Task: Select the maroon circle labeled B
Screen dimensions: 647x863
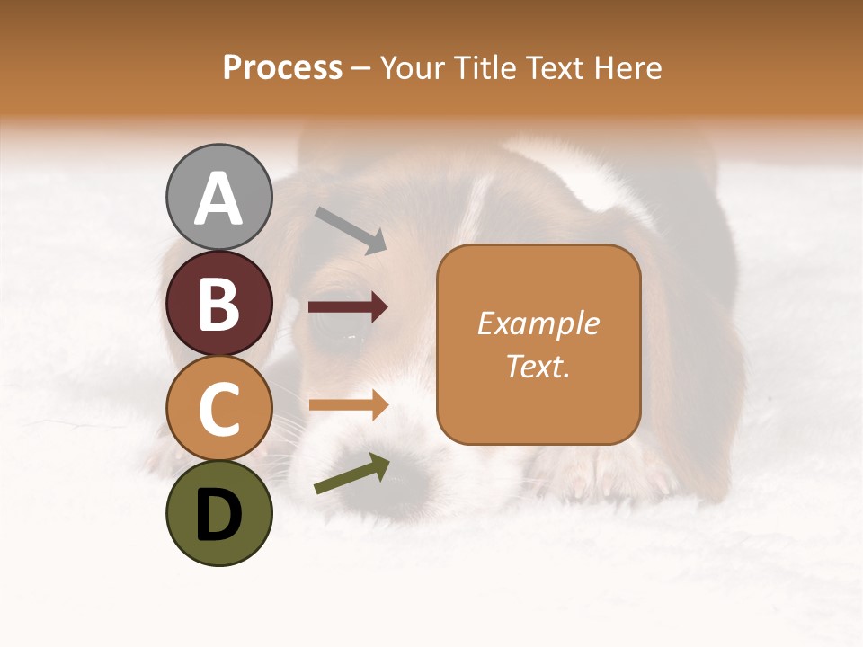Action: pos(219,303)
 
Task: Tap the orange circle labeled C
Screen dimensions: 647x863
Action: pos(219,408)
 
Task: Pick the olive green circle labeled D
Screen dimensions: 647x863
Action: pos(219,513)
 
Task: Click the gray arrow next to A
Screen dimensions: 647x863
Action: pos(351,230)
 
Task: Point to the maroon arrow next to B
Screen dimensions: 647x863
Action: pos(348,308)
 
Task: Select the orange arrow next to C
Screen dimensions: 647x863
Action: pos(348,405)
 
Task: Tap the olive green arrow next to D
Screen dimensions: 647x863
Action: pos(351,474)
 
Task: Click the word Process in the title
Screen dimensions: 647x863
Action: pos(282,67)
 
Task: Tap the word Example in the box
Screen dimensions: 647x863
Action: pos(538,323)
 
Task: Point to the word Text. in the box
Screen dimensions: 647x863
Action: pos(538,366)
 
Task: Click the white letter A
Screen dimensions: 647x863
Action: pos(219,199)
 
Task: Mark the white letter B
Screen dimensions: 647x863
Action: pos(219,305)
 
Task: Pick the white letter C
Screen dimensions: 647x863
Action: pos(219,409)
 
